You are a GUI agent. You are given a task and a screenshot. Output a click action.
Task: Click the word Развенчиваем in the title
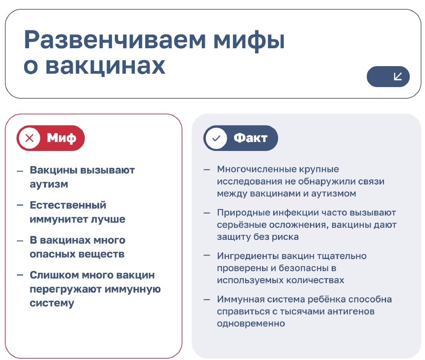[x=115, y=40]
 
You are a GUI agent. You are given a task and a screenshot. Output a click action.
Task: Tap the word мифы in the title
[x=249, y=41]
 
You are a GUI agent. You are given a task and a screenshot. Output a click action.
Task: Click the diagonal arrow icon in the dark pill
[x=398, y=76]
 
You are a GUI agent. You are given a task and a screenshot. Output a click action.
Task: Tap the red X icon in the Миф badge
[x=29, y=138]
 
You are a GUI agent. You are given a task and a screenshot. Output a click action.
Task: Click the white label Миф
[x=62, y=138]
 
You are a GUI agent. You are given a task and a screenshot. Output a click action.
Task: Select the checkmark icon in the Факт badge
[x=216, y=138]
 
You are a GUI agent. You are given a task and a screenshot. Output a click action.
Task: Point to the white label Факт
[x=250, y=138]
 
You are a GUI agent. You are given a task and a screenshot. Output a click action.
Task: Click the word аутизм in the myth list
[x=49, y=184]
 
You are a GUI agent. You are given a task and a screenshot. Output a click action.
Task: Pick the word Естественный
[x=68, y=205]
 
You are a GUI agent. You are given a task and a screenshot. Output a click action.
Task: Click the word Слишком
[x=54, y=275]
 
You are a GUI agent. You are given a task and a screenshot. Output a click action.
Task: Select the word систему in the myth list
[x=52, y=303]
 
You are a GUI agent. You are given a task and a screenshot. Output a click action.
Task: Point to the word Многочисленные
[x=256, y=169]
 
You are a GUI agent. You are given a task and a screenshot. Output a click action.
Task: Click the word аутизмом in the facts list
[x=333, y=193]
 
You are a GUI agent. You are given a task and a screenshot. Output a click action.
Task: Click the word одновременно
[x=251, y=323]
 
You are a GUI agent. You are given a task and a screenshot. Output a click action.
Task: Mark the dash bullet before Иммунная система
[x=207, y=300]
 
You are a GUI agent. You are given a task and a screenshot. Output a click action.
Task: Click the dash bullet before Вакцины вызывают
[x=20, y=171]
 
